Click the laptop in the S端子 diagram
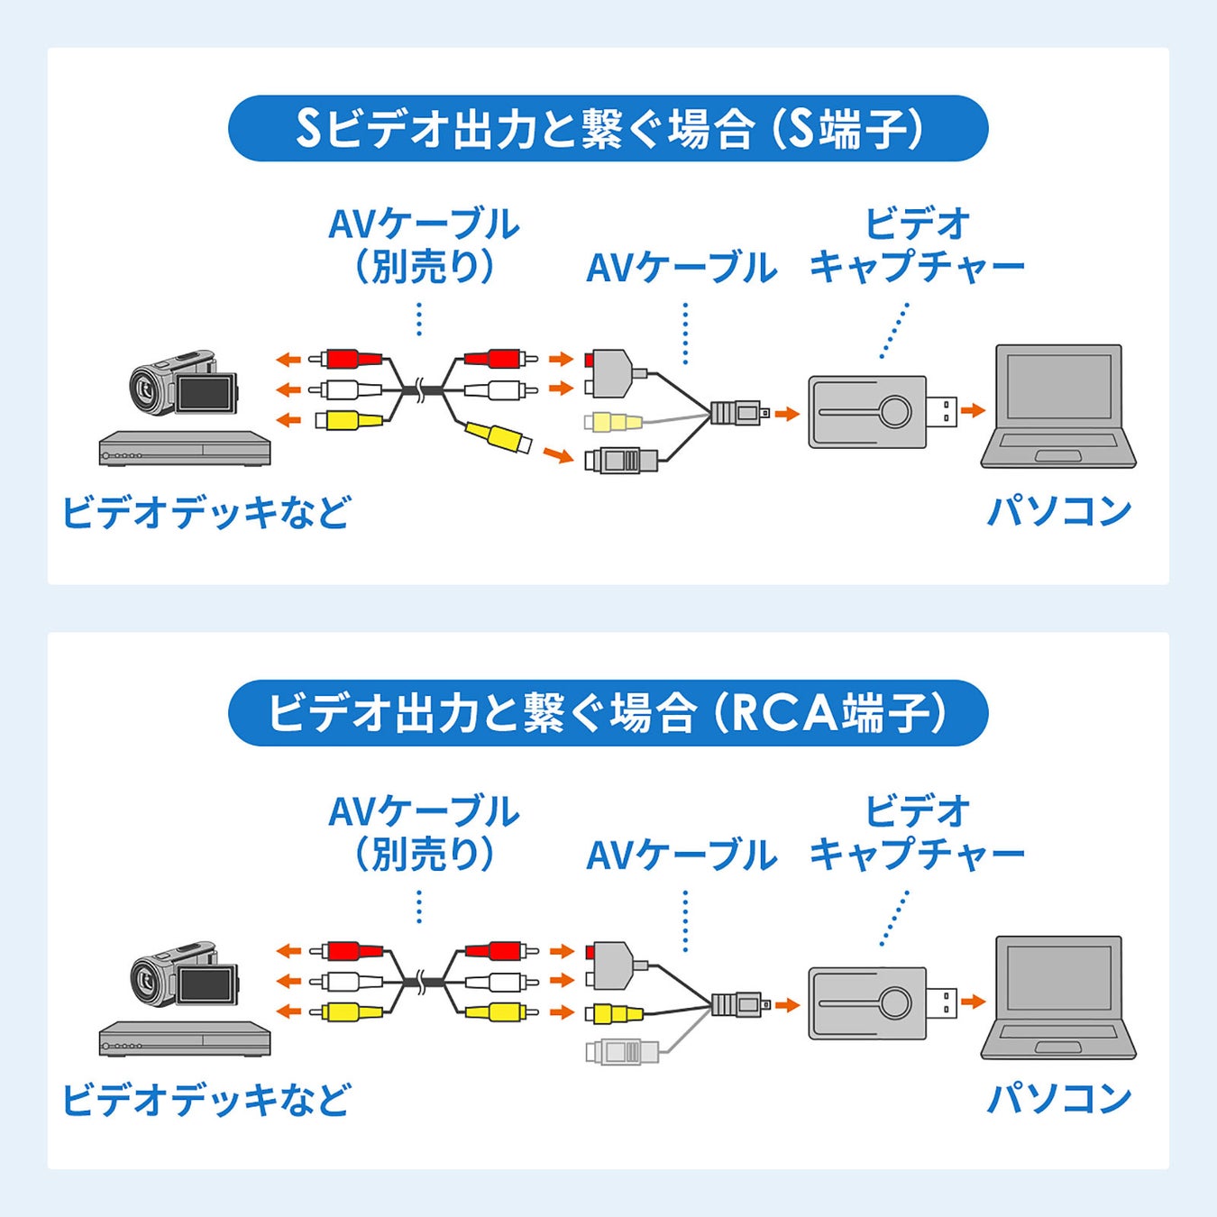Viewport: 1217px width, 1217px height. pos(1058,407)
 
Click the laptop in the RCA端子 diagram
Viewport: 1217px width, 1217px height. pos(1058,997)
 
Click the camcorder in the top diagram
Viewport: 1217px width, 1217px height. pos(184,383)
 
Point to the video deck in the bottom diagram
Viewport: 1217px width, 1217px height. pos(185,1039)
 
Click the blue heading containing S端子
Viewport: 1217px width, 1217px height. pos(608,129)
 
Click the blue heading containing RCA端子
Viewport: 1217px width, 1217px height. pos(608,713)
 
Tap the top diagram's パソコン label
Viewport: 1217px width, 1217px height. pos(1059,511)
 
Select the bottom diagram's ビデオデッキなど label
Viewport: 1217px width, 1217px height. pos(206,1100)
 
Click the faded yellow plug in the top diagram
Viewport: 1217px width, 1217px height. pos(613,421)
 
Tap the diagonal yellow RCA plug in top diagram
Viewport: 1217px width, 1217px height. pos(498,437)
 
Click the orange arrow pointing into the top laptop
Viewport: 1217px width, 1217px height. pos(972,411)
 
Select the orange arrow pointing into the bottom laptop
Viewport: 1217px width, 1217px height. pos(972,1002)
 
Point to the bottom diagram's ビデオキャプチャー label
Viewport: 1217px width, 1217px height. pos(917,832)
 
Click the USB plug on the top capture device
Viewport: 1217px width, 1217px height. pos(942,412)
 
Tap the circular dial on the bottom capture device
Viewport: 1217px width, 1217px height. pos(895,1002)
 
